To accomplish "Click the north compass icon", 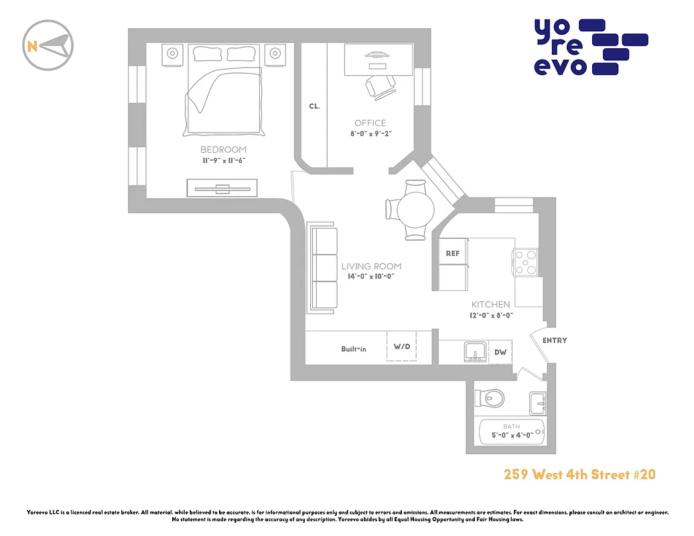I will [x=48, y=46].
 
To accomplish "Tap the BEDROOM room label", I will [x=223, y=149].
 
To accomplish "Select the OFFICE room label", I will [x=370, y=123].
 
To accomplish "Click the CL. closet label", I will [x=314, y=106].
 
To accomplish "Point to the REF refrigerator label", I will [x=453, y=253].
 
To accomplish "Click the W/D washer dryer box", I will [x=402, y=347].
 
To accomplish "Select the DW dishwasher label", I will [x=500, y=352].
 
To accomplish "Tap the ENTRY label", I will [x=555, y=340].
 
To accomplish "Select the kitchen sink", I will [x=476, y=351].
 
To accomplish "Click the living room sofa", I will [x=322, y=269].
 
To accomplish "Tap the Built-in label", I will [x=353, y=348].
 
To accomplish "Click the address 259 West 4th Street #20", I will [x=579, y=475].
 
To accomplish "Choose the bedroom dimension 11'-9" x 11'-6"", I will [x=223, y=161].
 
